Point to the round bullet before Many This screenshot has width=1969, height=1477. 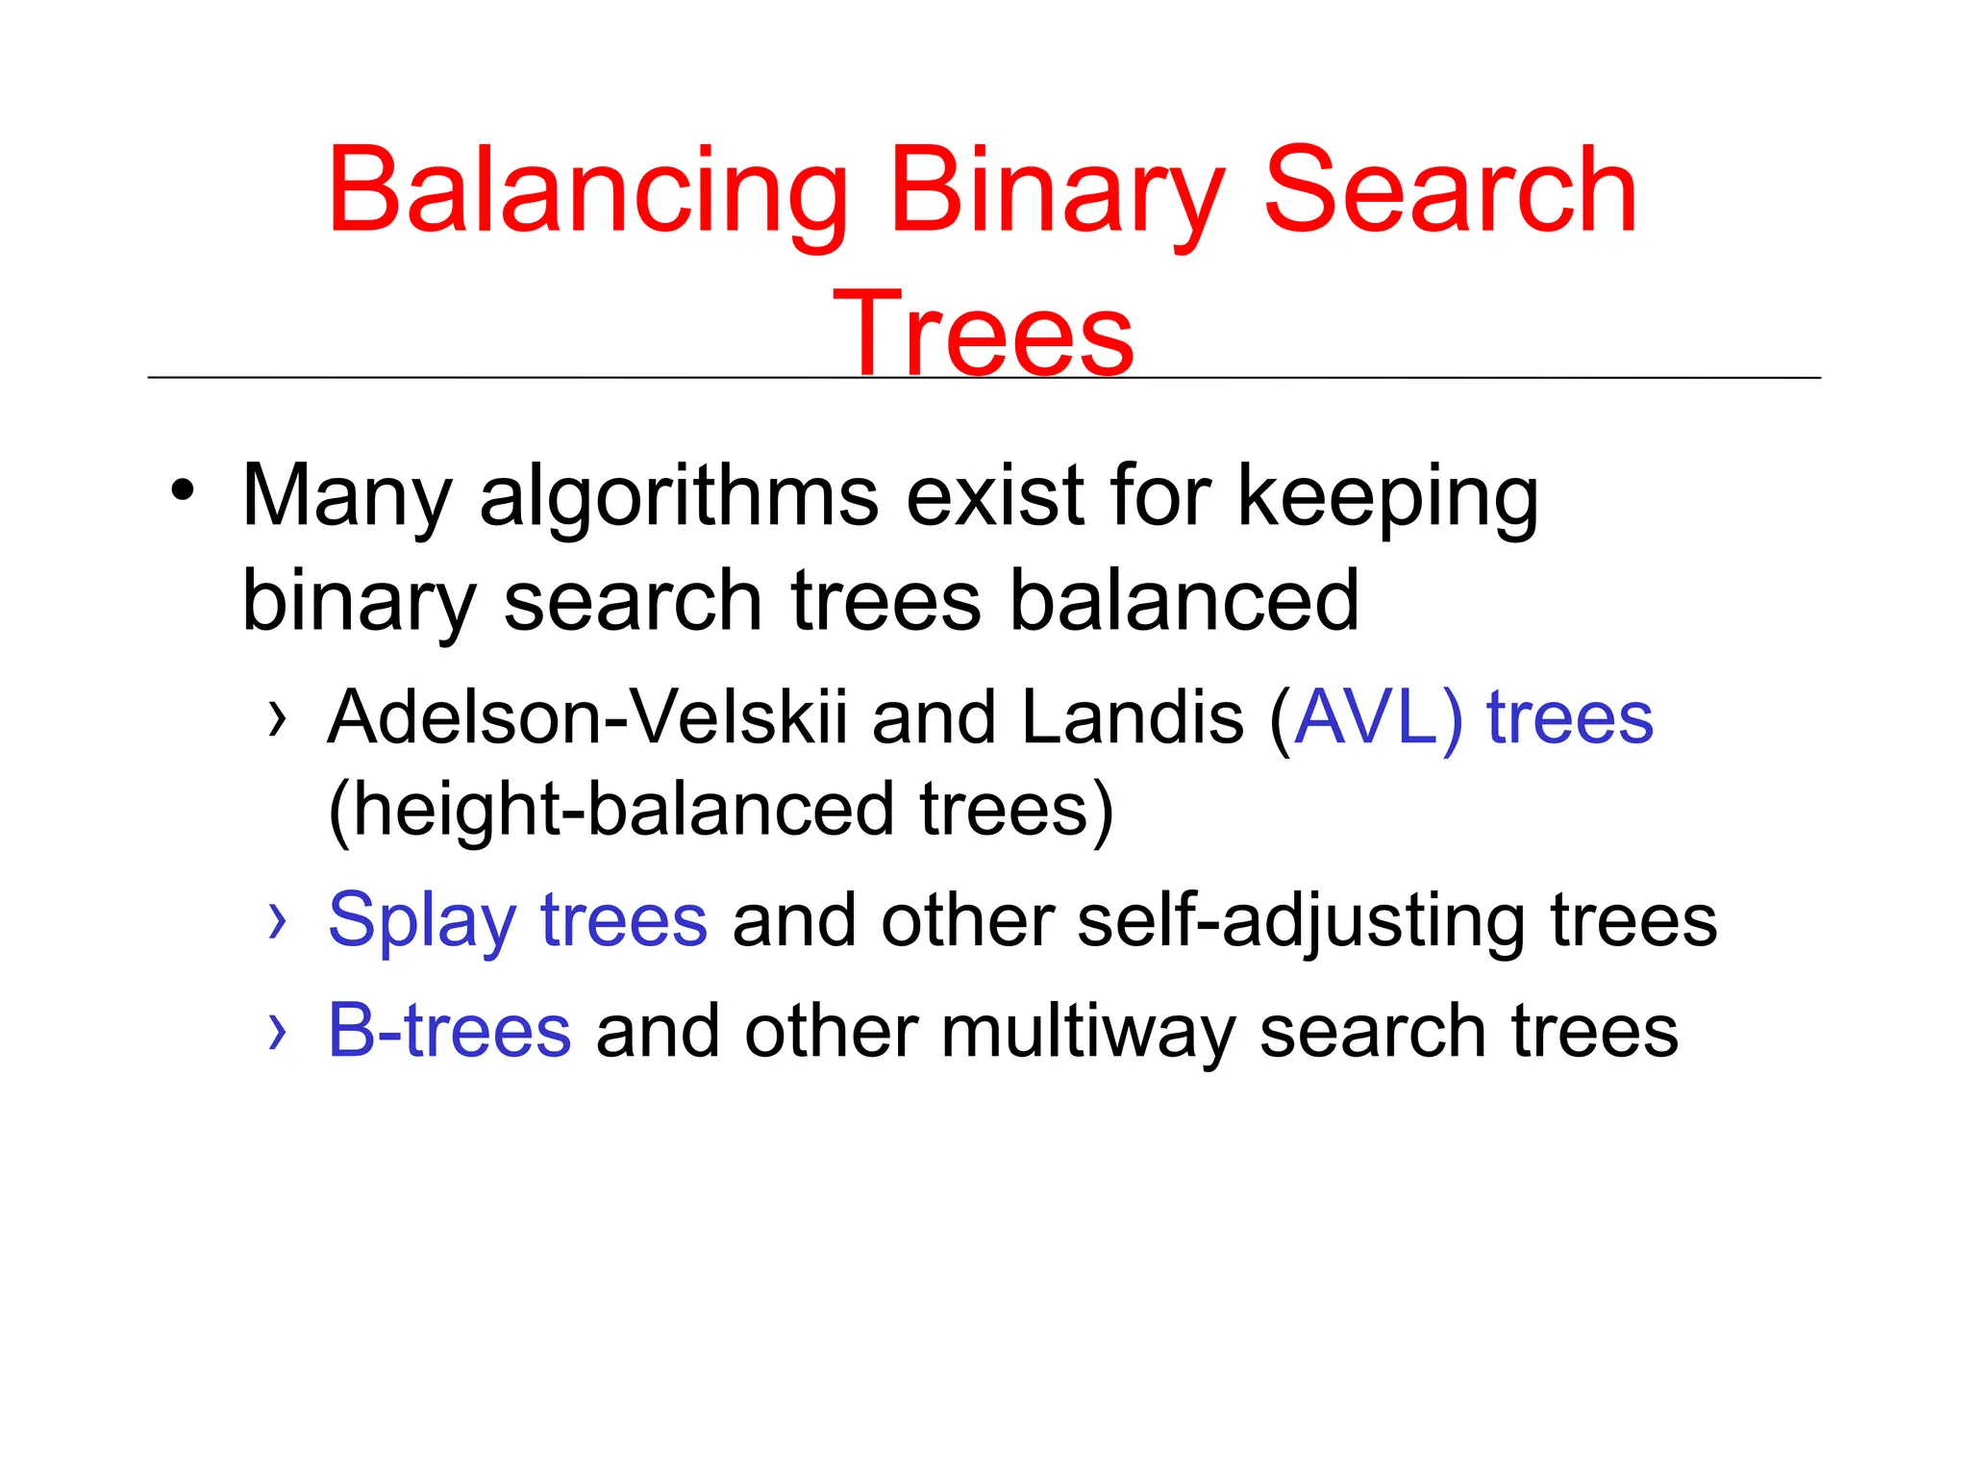(x=183, y=490)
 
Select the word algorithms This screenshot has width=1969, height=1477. (x=679, y=497)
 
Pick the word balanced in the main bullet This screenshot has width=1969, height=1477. (x=1184, y=601)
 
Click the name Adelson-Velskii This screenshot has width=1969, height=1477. (x=587, y=717)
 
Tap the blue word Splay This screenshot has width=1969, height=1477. (x=422, y=920)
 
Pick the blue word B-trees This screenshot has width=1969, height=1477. (x=449, y=1031)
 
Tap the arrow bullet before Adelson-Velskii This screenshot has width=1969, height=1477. (x=278, y=718)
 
